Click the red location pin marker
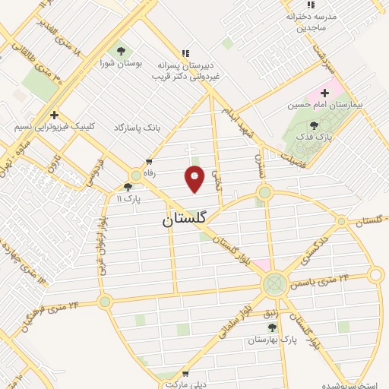tap(195, 179)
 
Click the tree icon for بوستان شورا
tap(120, 51)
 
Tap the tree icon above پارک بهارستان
tap(273, 327)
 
